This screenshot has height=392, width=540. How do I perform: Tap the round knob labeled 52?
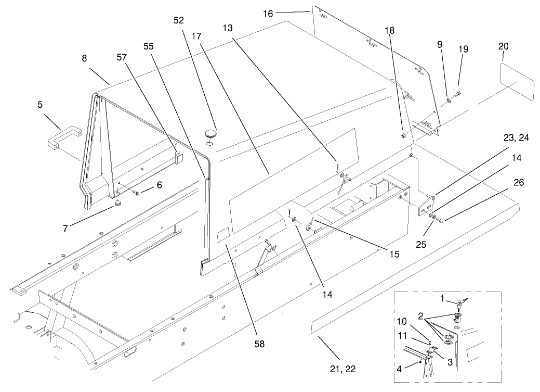point(210,133)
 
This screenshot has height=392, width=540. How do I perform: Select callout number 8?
point(84,59)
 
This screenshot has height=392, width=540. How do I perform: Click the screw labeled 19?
point(457,94)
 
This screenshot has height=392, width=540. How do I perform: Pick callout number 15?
point(394,254)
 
